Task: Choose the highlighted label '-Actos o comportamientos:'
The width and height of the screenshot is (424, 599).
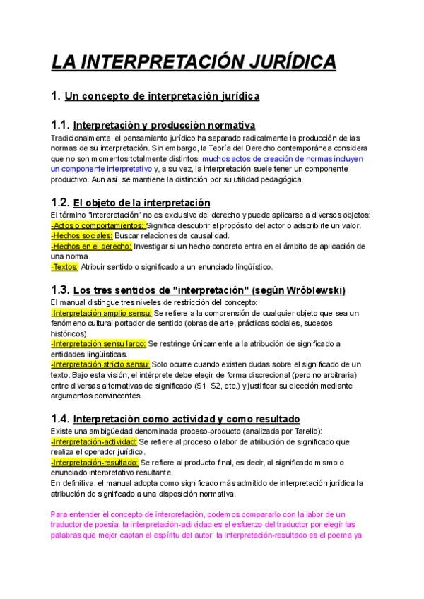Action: click(x=98, y=225)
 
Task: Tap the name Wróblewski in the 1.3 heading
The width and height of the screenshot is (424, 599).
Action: click(x=310, y=290)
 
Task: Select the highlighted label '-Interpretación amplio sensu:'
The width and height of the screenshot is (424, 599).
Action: click(x=102, y=312)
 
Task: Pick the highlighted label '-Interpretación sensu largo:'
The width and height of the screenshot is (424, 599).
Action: click(x=99, y=344)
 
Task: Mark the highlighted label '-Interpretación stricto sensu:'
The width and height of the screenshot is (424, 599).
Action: click(x=100, y=364)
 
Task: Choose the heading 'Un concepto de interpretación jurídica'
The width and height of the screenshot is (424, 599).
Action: click(x=162, y=95)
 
